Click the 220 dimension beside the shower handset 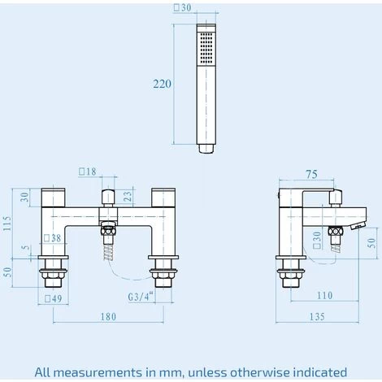pos(163,84)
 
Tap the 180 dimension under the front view pos(109,317)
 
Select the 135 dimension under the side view pos(317,317)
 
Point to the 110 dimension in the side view pos(324,295)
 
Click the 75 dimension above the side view pos(311,175)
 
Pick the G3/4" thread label pos(141,297)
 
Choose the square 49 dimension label pos(54,298)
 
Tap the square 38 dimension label pos(53,238)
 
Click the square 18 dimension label pos(88,171)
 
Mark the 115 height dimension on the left pos(8,224)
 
